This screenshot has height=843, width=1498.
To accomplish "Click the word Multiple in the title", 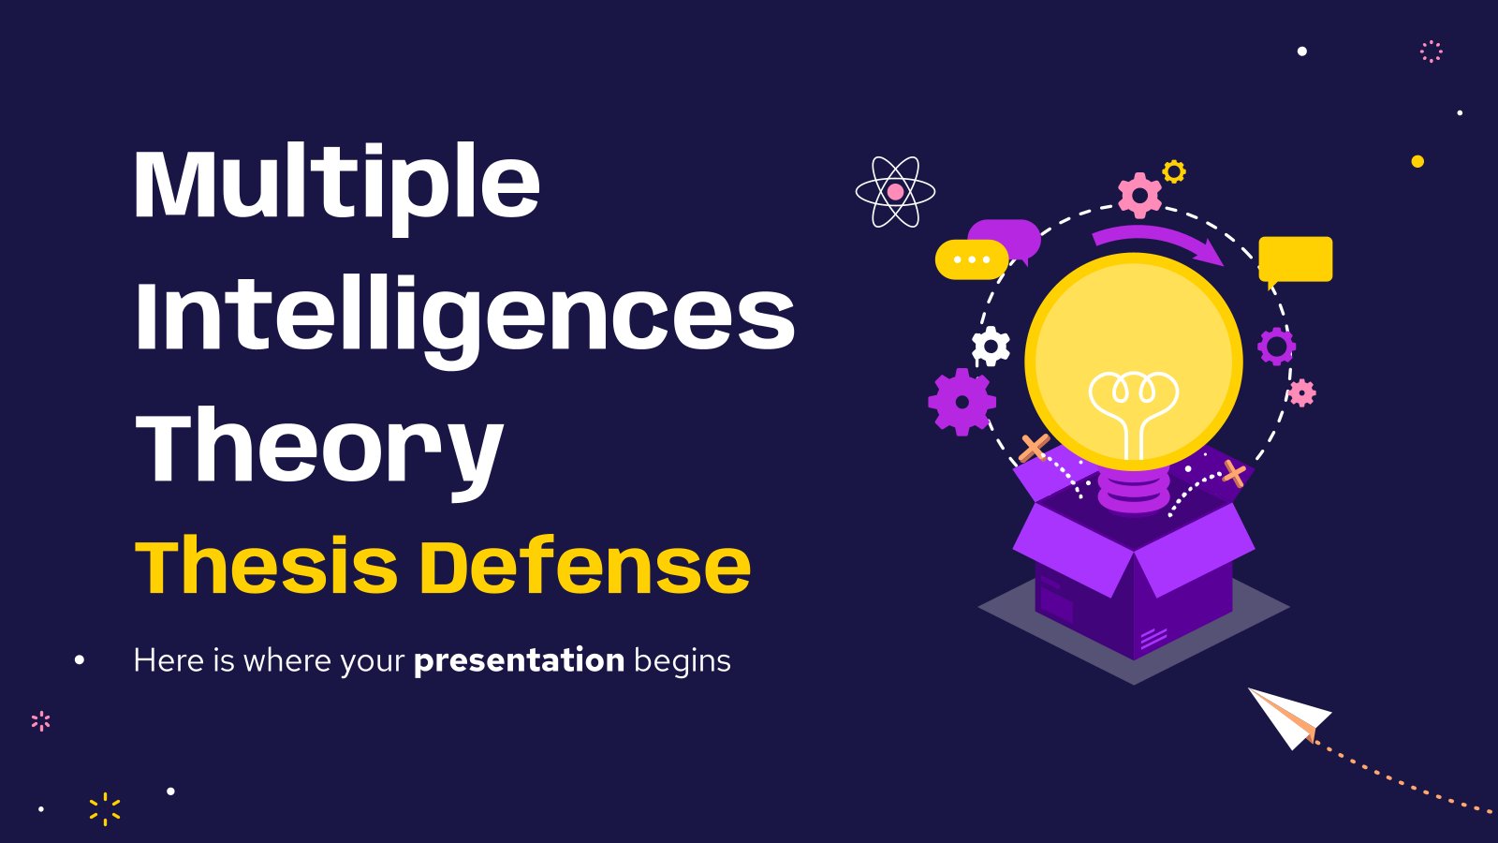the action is click(337, 188).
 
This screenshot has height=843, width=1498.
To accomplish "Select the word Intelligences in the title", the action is click(464, 322).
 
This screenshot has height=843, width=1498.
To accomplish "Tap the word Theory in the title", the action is click(319, 451).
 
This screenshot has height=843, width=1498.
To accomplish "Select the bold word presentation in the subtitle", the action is click(519, 661).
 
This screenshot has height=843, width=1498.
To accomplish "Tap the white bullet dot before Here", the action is click(80, 660).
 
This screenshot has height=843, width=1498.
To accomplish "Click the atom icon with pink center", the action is click(895, 192).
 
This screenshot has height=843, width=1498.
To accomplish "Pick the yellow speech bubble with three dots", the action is click(971, 259).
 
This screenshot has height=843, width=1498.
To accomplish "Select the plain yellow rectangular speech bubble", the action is click(1296, 260).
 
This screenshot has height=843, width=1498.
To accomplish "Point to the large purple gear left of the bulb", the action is click(962, 402).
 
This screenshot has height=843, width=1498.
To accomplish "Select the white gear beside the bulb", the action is click(991, 347).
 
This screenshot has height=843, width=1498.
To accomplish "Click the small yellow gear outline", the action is click(1174, 172).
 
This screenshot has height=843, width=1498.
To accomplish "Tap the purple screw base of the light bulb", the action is click(1134, 492).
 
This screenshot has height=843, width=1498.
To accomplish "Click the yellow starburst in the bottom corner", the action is click(105, 809).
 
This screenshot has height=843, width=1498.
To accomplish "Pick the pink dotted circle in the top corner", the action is click(1432, 52).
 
